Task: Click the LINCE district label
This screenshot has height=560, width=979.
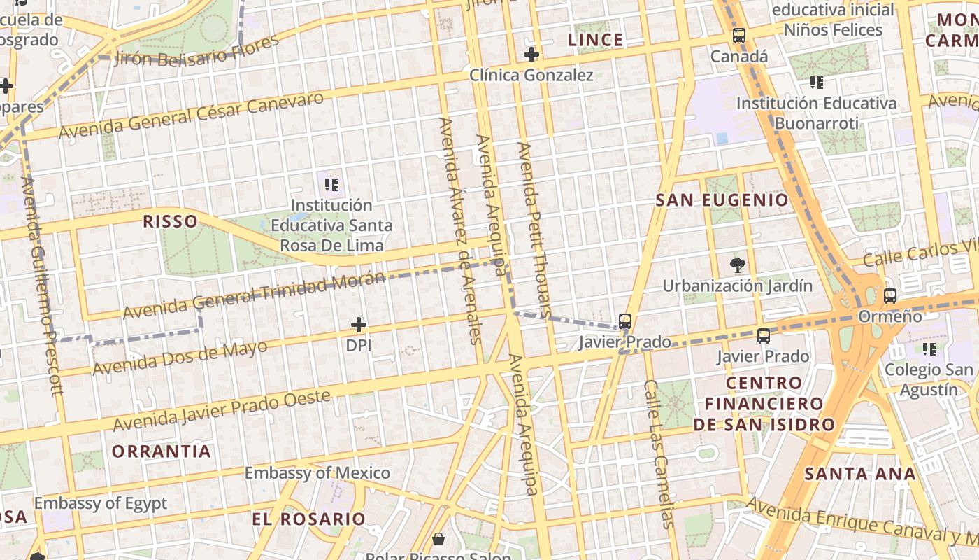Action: (x=595, y=40)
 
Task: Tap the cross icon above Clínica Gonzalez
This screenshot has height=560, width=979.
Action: (x=531, y=54)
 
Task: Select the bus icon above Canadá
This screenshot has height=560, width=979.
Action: (x=739, y=36)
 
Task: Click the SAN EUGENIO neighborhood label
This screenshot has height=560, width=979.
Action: (x=722, y=200)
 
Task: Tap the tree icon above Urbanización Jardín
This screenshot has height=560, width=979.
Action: (x=737, y=265)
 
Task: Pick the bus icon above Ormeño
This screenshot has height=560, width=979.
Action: (x=889, y=295)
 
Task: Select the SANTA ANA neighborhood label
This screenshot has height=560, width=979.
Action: (x=859, y=474)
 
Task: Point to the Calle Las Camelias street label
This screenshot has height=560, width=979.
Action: (x=659, y=454)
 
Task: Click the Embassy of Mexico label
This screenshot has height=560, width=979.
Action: (x=317, y=472)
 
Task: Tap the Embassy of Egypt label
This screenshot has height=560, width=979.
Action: (x=101, y=503)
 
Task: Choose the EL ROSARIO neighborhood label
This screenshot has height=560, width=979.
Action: (x=308, y=519)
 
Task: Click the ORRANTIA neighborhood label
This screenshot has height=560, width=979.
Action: (x=162, y=451)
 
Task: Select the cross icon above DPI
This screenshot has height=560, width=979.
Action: (x=359, y=325)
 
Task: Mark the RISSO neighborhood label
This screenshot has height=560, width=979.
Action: (x=170, y=222)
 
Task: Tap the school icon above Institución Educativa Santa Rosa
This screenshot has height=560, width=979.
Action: (x=331, y=185)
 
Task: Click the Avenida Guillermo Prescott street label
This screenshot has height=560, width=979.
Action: (x=43, y=285)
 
